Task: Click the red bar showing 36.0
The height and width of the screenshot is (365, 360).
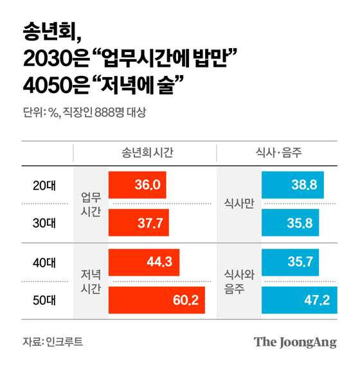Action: [x=138, y=186]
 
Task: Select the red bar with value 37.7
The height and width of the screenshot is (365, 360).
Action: [x=139, y=222]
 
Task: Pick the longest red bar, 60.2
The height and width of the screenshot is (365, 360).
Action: [x=157, y=299]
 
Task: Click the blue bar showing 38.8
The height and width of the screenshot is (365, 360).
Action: [x=292, y=186]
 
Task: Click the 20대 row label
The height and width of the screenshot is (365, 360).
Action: [x=44, y=186]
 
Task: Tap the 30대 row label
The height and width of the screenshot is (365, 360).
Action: [x=44, y=223]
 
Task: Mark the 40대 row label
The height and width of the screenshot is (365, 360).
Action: [x=44, y=262]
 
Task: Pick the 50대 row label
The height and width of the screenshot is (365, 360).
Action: [x=44, y=299]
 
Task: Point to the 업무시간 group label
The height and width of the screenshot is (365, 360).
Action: [x=91, y=204]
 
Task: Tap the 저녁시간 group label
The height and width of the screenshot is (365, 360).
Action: [x=91, y=281]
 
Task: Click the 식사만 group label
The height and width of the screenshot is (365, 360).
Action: [x=239, y=204]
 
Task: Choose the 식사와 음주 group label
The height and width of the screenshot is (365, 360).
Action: [x=239, y=281]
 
